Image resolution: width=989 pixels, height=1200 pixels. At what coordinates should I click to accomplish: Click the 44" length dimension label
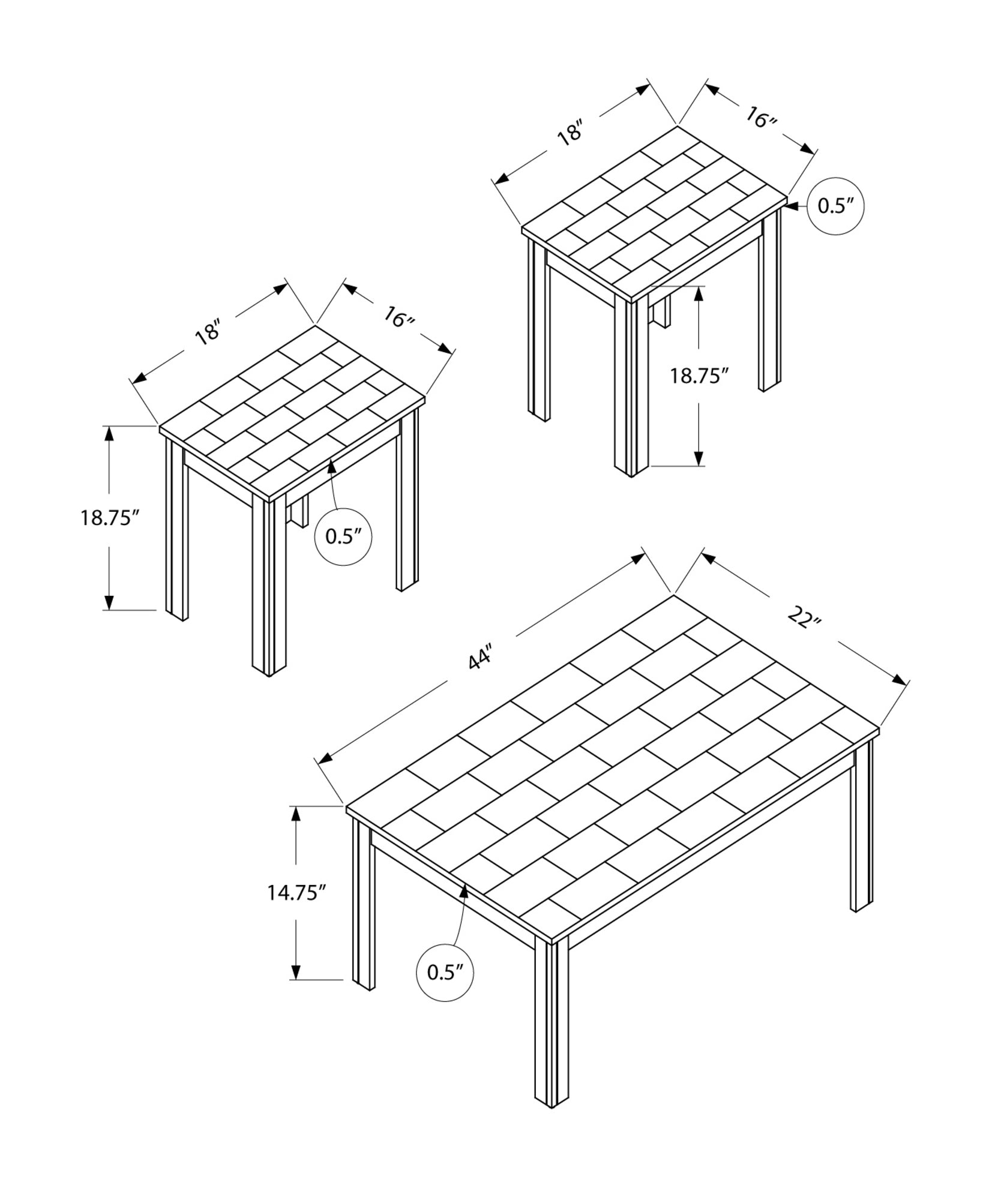(x=481, y=656)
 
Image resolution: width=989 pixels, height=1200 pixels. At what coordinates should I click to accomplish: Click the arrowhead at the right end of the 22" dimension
(x=900, y=679)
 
